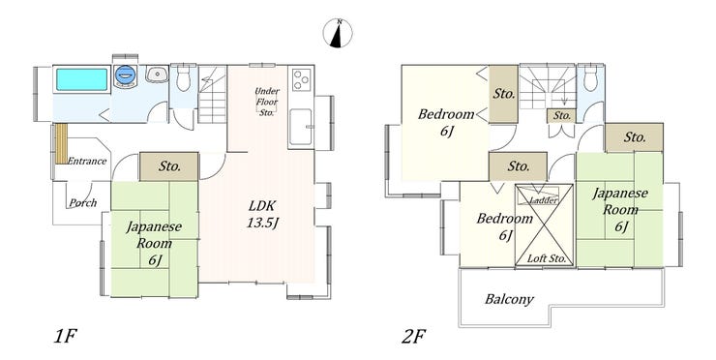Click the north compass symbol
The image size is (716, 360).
pyautogui.click(x=338, y=33)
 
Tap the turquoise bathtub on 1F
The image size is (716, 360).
pyautogui.click(x=81, y=79)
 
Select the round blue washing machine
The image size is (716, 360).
pyautogui.click(x=125, y=75)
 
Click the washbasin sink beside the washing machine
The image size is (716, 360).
pyautogui.click(x=157, y=74)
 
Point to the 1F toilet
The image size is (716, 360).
pyautogui.click(x=184, y=77)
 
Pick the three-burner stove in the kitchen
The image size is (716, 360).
pyautogui.click(x=301, y=79)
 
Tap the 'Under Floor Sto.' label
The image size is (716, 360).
pyautogui.click(x=267, y=102)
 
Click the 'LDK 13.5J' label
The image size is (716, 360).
pyautogui.click(x=262, y=214)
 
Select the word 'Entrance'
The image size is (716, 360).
pyautogui.click(x=87, y=161)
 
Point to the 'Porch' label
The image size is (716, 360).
pyautogui.click(x=83, y=202)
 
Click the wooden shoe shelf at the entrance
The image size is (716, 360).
pyautogui.click(x=62, y=143)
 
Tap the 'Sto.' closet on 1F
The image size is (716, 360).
pyautogui.click(x=169, y=166)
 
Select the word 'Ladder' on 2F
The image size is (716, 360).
pyautogui.click(x=544, y=200)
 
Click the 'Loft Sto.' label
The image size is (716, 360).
pyautogui.click(x=547, y=258)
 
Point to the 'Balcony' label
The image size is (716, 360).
pyautogui.click(x=509, y=300)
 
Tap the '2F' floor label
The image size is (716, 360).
pyautogui.click(x=414, y=337)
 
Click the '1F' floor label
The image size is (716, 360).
pyautogui.click(x=65, y=337)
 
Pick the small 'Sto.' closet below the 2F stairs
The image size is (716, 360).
pyautogui.click(x=561, y=116)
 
